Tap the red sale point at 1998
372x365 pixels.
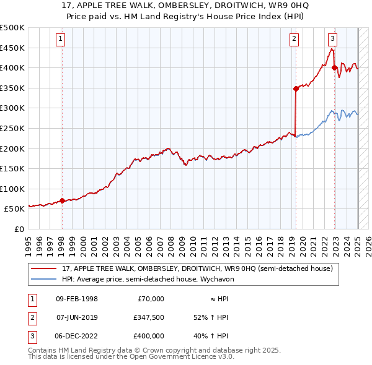point(62,201)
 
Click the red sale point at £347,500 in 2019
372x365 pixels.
point(296,88)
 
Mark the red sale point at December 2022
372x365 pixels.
point(335,67)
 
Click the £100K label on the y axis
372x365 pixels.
point(12,189)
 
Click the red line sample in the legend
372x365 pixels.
point(44,268)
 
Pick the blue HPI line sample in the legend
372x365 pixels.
point(44,279)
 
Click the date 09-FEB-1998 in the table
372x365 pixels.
point(77,299)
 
